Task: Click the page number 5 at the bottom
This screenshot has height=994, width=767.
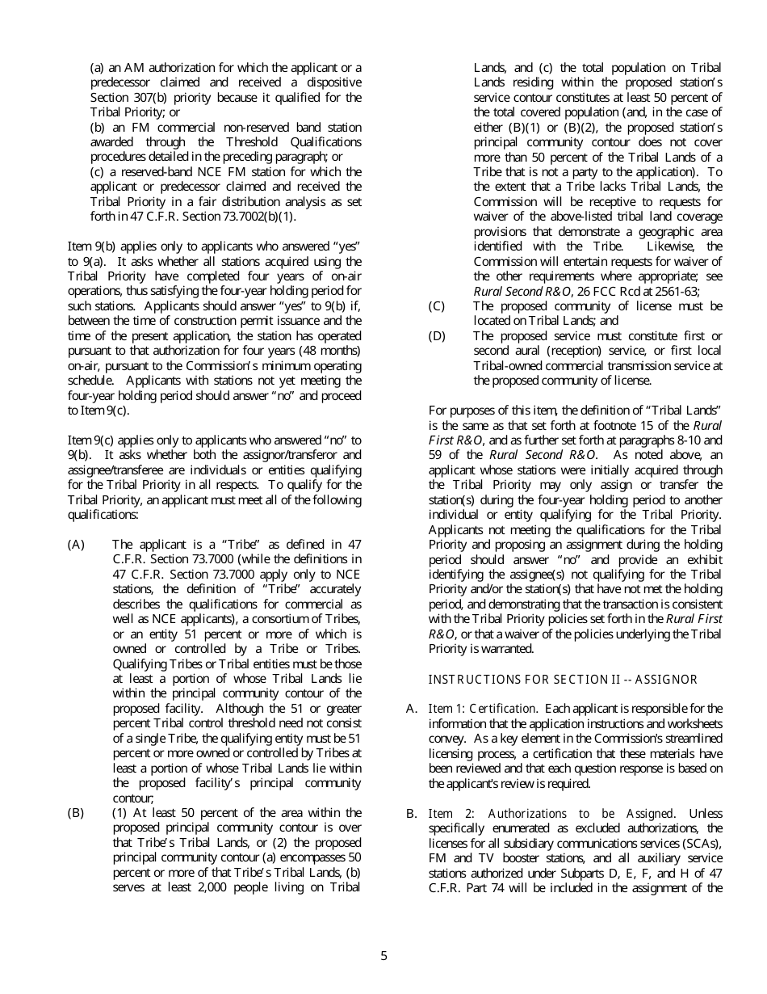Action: click(383, 956)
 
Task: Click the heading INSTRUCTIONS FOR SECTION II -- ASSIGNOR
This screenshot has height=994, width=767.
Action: click(563, 680)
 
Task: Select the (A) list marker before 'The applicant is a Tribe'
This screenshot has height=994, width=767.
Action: click(76, 545)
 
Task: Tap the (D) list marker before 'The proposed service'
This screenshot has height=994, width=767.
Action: click(437, 335)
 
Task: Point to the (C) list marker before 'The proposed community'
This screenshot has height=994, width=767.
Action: click(437, 306)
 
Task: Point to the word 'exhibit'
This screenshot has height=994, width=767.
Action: click(704, 559)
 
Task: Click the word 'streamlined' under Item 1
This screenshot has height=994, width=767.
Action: click(693, 738)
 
